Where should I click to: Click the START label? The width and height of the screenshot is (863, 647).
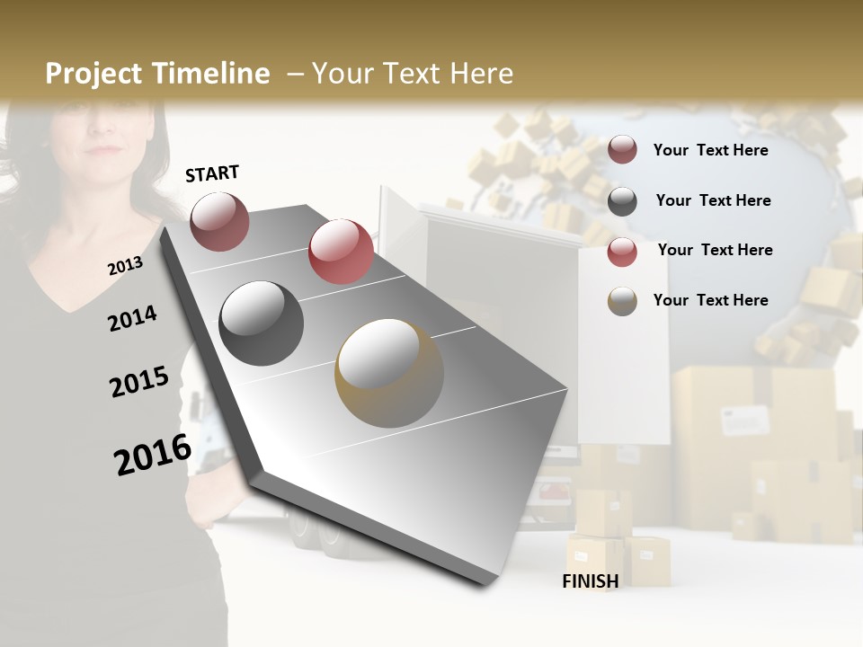coord(212,173)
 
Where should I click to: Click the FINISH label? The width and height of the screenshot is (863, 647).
coord(591,581)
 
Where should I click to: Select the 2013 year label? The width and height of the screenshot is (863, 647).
coord(125,266)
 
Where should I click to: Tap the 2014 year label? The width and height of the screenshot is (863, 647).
coord(132,318)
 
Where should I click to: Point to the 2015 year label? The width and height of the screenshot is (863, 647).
coord(138,381)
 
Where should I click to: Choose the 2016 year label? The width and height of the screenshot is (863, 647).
coord(153,454)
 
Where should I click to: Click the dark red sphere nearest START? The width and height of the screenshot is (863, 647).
coord(219,221)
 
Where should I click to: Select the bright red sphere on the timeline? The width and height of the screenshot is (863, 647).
coord(341,251)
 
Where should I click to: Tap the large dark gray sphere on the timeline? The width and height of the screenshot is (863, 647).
coord(261,323)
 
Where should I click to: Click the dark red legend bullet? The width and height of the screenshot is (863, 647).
coord(622,150)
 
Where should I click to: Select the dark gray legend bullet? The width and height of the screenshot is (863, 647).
coord(622,201)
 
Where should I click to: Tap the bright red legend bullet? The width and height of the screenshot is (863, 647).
coord(622,252)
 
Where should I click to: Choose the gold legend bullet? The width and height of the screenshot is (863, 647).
coord(622,301)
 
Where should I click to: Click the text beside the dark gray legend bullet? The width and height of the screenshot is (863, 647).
coord(713,200)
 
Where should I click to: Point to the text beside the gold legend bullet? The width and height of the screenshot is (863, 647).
coord(710,300)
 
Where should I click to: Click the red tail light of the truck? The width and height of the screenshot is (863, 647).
coord(553,492)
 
